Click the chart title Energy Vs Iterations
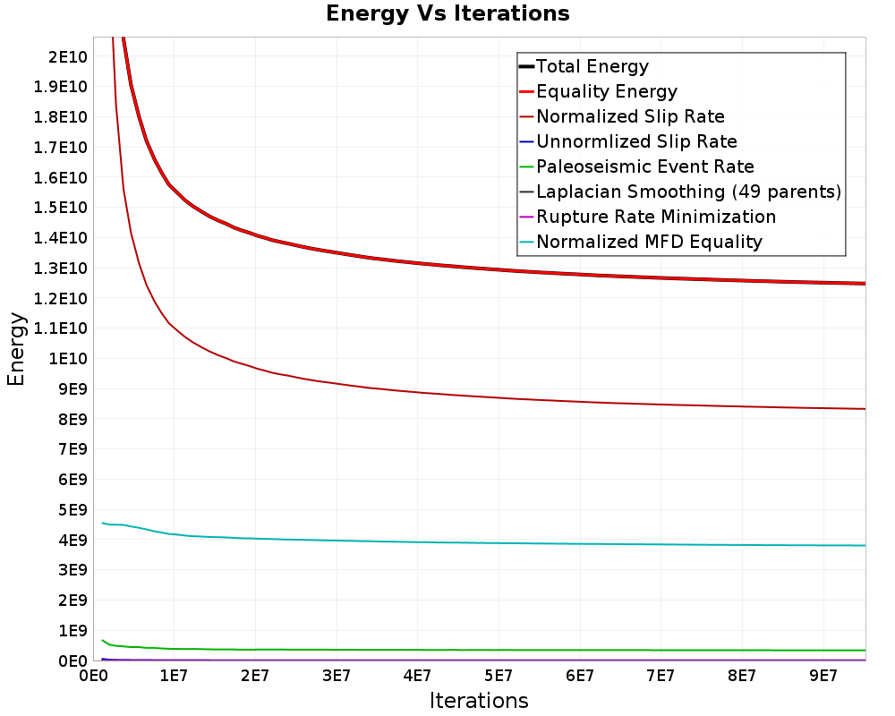[x=447, y=13]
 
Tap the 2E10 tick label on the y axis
[x=68, y=57]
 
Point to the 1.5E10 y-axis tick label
[x=61, y=208]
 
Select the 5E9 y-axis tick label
[x=73, y=510]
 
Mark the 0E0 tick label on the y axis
[x=73, y=661]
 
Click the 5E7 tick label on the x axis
[x=499, y=676]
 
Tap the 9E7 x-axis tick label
[x=823, y=676]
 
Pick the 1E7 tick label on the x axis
[x=174, y=676]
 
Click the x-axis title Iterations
[x=479, y=701]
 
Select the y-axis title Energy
[x=16, y=349]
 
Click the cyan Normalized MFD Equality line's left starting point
[x=102, y=523]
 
